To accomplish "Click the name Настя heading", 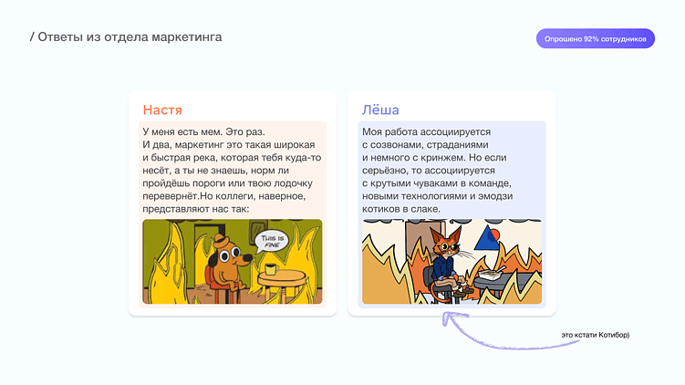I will [163, 110].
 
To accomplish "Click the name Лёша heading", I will [380, 110].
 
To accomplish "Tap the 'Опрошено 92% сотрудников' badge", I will [595, 39].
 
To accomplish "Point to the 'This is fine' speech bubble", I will [275, 242].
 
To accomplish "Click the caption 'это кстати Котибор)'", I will [596, 335].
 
